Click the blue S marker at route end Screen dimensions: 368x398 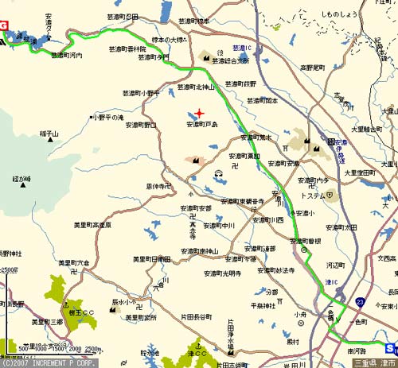pyautogui.click(x=390, y=348)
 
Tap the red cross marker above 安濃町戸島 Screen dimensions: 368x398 pyautogui.click(x=199, y=113)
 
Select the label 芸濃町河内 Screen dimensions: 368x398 pyautogui.click(x=67, y=56)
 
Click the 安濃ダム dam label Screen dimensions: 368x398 pyautogui.click(x=48, y=29)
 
